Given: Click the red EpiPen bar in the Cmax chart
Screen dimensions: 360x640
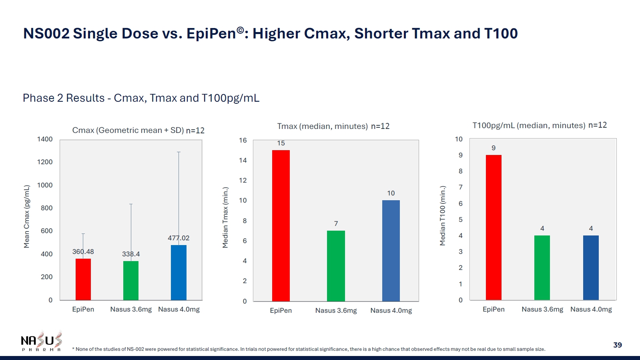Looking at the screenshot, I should click(x=83, y=279).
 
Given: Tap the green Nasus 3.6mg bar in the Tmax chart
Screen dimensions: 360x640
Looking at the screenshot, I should click(x=336, y=266).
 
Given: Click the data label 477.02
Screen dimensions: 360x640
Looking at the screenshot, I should click(x=179, y=238).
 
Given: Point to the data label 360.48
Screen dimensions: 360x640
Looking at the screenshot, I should click(x=83, y=251).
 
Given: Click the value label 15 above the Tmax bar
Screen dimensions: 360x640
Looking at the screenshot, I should click(x=281, y=143).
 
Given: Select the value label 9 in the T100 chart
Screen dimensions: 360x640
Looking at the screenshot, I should click(x=494, y=148).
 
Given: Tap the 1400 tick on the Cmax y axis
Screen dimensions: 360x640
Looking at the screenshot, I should click(x=45, y=139).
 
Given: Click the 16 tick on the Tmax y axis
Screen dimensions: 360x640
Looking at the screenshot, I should click(x=243, y=140).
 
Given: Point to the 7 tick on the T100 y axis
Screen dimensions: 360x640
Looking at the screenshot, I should click(x=461, y=187).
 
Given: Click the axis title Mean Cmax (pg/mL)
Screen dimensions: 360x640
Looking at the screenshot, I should click(x=27, y=216).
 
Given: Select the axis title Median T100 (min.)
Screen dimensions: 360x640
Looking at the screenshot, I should click(x=443, y=215).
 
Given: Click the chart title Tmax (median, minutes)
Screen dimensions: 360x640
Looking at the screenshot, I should click(x=322, y=126).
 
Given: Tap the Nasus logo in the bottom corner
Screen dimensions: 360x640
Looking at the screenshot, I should click(x=42, y=341).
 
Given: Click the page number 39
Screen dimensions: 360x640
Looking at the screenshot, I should click(x=618, y=345).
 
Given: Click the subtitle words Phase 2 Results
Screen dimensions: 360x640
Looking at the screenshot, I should click(x=64, y=98).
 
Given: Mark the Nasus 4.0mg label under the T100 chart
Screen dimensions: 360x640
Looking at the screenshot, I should click(x=591, y=309).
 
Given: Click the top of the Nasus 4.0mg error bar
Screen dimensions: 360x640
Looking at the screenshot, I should click(x=179, y=152).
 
